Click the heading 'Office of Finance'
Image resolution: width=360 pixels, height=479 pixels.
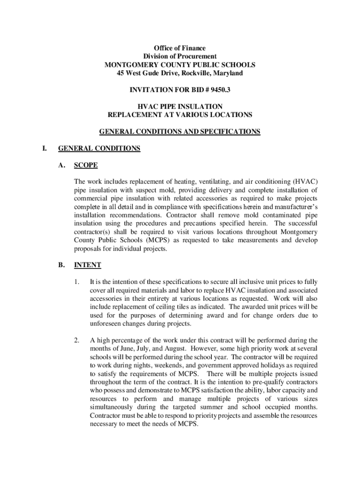180,48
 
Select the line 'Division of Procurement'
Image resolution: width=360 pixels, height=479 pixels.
180,57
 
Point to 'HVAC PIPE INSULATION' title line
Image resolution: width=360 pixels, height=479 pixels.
180,107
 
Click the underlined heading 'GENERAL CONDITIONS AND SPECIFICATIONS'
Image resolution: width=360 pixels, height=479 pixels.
180,132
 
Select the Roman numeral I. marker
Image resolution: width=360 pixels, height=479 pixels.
44,149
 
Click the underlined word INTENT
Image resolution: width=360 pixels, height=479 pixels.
87,265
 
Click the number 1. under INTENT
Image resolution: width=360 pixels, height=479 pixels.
77,282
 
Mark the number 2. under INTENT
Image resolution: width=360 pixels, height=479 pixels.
77,340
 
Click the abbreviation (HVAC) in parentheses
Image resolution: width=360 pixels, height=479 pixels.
305,181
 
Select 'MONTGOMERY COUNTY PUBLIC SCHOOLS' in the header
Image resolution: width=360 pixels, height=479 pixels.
180,65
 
